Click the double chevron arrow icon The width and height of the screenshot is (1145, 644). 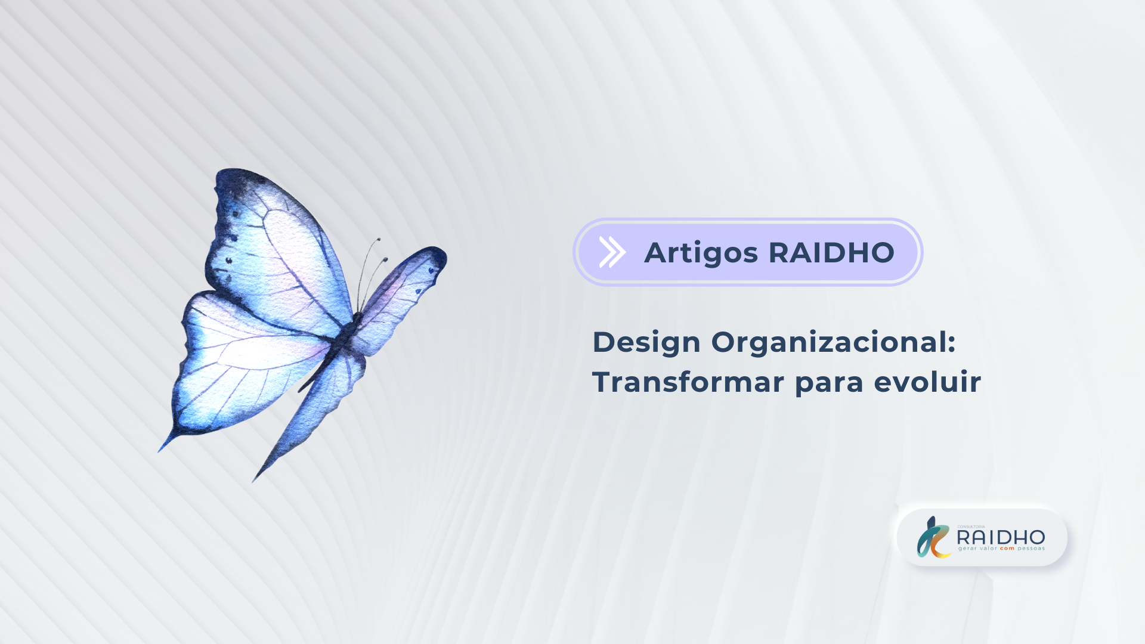coord(612,252)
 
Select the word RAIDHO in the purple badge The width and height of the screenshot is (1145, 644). coord(832,252)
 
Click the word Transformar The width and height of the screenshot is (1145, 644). coord(688,382)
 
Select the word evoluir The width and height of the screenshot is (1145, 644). coord(927,382)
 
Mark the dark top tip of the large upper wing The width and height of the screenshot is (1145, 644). coord(236,176)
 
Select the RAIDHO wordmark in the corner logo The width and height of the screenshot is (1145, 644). coord(1001,537)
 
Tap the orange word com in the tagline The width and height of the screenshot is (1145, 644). coord(1007,549)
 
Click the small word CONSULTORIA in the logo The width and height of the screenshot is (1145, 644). coord(971,527)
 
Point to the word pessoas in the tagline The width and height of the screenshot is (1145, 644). coord(1031,549)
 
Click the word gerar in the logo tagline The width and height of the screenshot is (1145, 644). coord(968,549)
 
